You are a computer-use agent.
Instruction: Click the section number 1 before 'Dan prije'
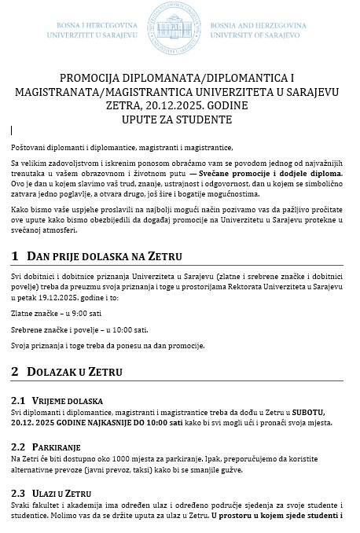point(16,257)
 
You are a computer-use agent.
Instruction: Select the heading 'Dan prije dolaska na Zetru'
point(105,257)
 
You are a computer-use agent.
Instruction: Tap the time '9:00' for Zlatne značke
point(76,313)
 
